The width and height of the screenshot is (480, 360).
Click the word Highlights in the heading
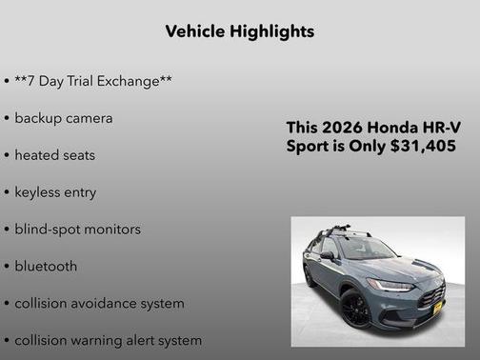point(272,31)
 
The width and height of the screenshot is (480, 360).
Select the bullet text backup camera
point(64,118)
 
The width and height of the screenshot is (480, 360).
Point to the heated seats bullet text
point(55,154)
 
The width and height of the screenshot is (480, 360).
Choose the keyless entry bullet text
point(55,191)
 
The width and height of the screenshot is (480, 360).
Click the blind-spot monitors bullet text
point(77,229)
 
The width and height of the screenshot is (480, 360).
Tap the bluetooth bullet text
point(47,266)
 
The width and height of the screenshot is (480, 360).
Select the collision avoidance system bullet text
point(99,303)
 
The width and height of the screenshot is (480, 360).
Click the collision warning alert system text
point(108,340)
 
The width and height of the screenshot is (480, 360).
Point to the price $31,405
point(427,146)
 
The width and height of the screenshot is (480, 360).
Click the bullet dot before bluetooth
point(7,266)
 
